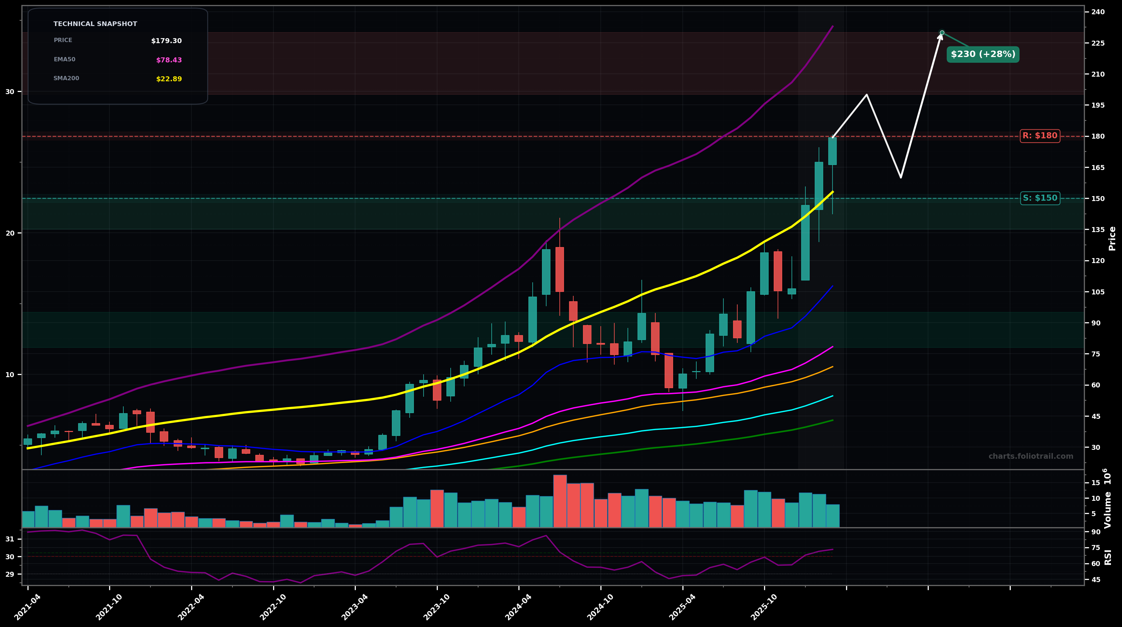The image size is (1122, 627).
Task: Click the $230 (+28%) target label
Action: (983, 55)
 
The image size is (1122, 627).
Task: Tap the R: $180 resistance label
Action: (1039, 136)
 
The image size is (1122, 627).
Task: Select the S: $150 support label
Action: (1039, 198)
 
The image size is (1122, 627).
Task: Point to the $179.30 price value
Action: (166, 41)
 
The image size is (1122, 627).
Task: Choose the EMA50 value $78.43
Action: (169, 60)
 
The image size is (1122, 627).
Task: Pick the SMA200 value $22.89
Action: (169, 79)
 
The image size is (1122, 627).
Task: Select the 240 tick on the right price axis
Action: (1098, 12)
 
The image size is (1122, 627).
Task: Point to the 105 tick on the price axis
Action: (1098, 292)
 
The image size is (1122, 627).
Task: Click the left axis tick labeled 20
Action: (10, 233)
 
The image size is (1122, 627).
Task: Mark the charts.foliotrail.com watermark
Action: (1030, 456)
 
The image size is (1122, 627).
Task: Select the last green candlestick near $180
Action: (832, 151)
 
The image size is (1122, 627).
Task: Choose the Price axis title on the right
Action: (1112, 238)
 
